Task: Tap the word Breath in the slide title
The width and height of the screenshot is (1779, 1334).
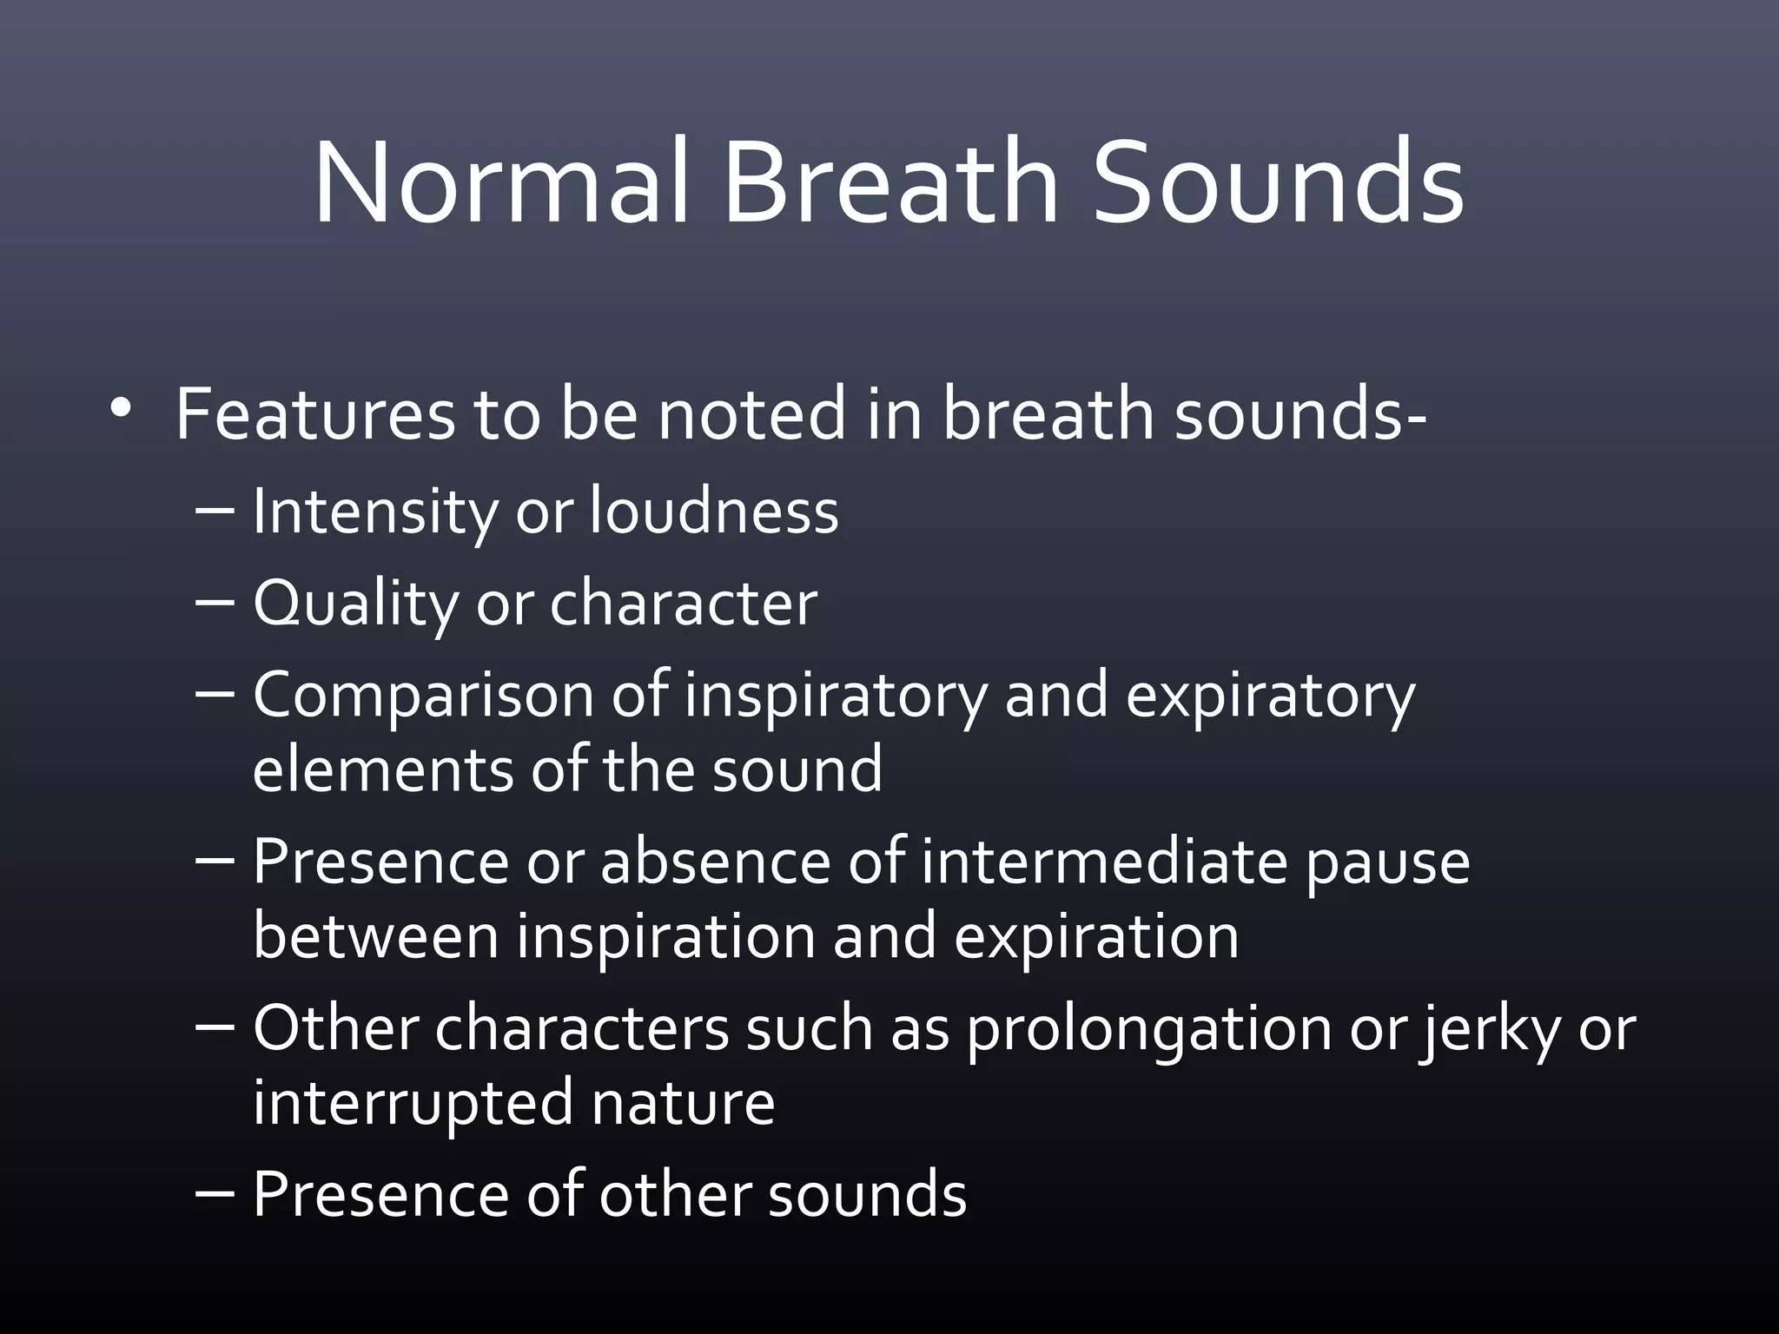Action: [890, 184]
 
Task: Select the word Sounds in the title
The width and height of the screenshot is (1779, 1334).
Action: [1278, 184]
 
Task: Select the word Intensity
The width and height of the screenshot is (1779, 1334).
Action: [374, 512]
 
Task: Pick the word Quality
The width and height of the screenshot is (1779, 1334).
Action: [354, 604]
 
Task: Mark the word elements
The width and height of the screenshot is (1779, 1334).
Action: [383, 769]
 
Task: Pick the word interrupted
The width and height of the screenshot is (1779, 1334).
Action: [413, 1103]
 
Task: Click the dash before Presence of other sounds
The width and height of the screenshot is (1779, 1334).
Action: [216, 1194]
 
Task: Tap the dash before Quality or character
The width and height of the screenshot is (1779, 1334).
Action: [216, 603]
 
